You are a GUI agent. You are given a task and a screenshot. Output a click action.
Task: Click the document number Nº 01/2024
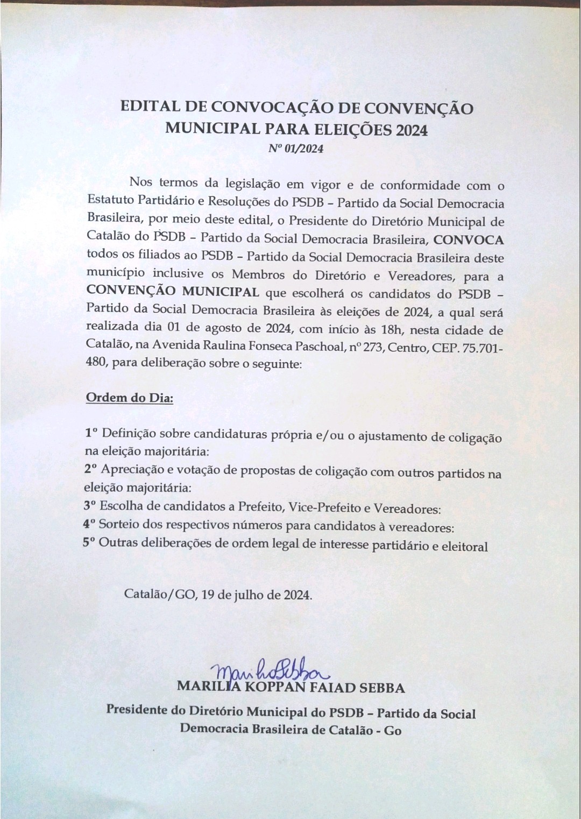(x=296, y=150)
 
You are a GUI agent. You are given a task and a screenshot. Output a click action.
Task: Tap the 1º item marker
(x=91, y=433)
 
